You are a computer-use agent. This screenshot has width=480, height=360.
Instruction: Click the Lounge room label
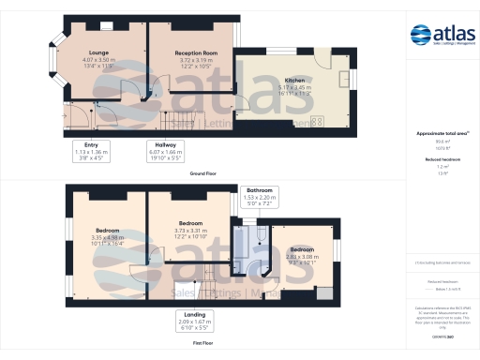point(98,52)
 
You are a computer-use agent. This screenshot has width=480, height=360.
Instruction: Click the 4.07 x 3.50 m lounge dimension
point(98,60)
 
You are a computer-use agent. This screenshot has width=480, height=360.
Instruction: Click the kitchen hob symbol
point(317,121)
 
